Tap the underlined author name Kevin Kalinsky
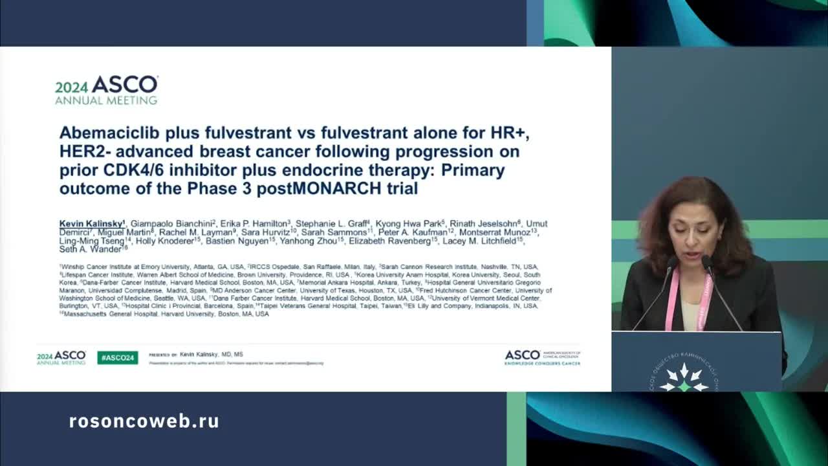[x=91, y=224]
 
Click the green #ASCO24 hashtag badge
[x=117, y=357]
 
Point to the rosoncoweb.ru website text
[x=144, y=421]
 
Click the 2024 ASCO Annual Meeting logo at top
[x=106, y=90]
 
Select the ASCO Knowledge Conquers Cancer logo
[x=542, y=357]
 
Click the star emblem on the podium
[x=684, y=377]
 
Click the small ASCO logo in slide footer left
[x=61, y=357]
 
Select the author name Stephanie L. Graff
[x=331, y=224]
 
